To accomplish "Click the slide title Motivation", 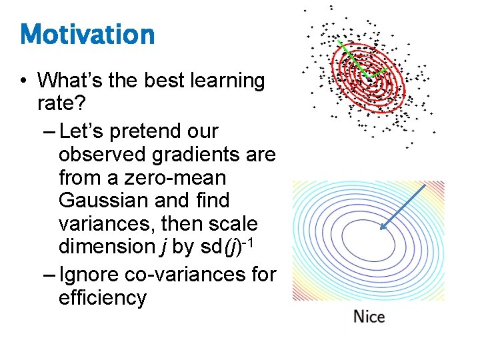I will pos(87,34).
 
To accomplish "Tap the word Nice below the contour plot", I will pos(369,316).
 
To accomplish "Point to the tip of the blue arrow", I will pos(381,229).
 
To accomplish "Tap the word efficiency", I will pos(102,297).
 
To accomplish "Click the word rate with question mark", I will pos(62,104).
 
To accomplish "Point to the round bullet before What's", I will pos(23,81).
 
